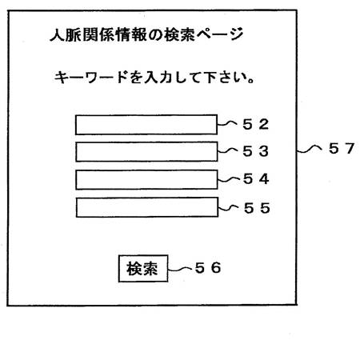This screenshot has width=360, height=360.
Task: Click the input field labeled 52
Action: point(146,125)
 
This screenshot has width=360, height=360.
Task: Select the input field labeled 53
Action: point(146,152)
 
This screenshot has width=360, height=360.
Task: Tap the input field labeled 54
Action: point(146,180)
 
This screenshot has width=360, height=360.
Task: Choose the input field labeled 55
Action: point(147,207)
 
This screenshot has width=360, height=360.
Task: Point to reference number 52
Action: point(255,124)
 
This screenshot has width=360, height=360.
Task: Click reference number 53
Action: point(255,151)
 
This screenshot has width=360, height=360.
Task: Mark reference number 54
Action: point(256,178)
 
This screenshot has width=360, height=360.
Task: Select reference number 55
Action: point(257,208)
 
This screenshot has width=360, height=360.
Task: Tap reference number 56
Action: point(208,268)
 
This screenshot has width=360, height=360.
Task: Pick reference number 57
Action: point(342,148)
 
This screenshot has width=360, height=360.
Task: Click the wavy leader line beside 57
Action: point(310,149)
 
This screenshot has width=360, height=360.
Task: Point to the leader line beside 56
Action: point(180,270)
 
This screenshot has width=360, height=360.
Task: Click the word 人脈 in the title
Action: point(66,35)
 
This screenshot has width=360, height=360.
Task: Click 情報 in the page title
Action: point(130,35)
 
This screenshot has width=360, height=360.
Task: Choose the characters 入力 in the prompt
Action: point(157,78)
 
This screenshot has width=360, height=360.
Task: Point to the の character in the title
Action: point(155,35)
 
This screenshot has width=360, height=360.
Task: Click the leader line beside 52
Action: point(227,123)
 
